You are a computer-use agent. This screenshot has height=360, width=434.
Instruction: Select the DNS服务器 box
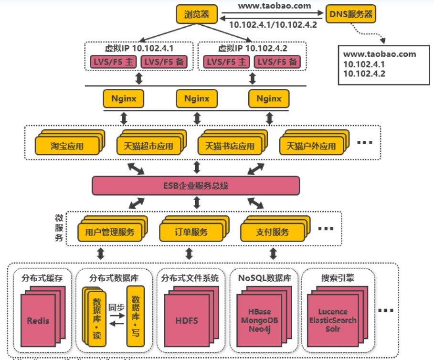[x=351, y=14]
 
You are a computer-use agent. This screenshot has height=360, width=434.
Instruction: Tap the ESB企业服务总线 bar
[x=196, y=185]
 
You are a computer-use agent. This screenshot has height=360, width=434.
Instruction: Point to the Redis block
[x=38, y=320]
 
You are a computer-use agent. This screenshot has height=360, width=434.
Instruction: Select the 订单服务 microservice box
[x=191, y=233]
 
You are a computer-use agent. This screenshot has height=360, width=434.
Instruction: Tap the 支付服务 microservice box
[x=273, y=233]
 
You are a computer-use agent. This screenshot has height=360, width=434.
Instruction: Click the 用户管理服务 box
[x=110, y=233]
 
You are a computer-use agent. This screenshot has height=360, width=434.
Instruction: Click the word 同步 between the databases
[x=116, y=307]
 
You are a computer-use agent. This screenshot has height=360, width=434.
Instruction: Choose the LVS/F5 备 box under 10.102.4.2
[x=277, y=62]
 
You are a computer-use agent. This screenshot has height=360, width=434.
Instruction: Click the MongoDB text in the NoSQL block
[x=259, y=320]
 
